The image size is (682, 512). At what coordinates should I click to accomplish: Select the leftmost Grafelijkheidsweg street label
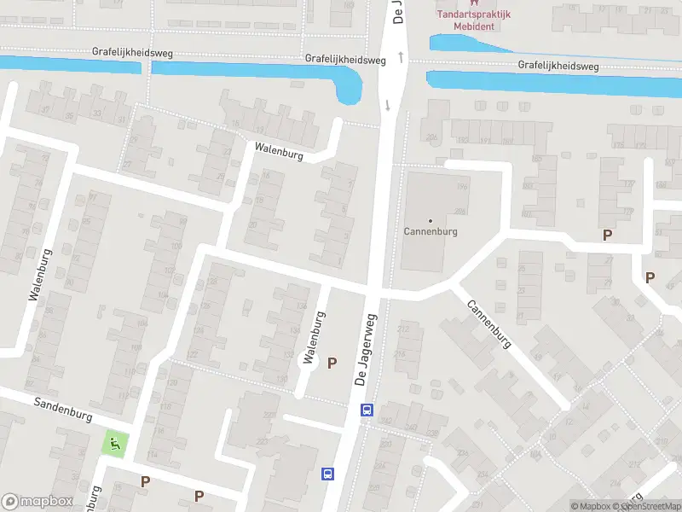pyautogui.click(x=132, y=53)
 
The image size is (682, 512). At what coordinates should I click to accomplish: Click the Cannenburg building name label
pyautogui.click(x=431, y=231)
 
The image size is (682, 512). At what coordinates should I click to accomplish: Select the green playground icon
pyautogui.click(x=114, y=444)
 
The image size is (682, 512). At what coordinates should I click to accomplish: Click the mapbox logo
pyautogui.click(x=38, y=502)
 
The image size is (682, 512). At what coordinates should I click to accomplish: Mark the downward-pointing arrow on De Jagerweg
pyautogui.click(x=388, y=105)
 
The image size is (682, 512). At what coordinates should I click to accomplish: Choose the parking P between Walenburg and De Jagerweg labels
pyautogui.click(x=332, y=363)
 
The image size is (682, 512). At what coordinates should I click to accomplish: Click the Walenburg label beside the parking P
pyautogui.click(x=314, y=338)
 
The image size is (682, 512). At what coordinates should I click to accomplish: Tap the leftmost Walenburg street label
pyautogui.click(x=40, y=275)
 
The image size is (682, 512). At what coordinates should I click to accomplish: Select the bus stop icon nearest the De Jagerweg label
pyautogui.click(x=367, y=410)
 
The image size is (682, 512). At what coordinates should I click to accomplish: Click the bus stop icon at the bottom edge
pyautogui.click(x=327, y=474)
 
